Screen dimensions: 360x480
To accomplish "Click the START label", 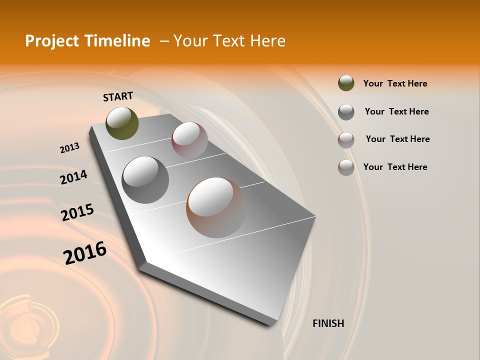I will coord(118,96).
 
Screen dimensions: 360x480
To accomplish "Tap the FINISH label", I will coord(328,323).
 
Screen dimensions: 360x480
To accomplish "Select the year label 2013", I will coord(69,148).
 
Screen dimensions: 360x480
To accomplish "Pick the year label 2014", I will coord(73,177).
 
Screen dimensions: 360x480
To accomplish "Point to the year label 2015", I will coord(77,212).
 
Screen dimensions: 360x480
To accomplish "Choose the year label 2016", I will coord(85,252).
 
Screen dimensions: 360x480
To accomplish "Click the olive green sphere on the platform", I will coord(122,123).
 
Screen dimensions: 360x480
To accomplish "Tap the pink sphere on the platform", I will coord(189,139).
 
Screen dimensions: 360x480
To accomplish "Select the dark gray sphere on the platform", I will coord(145,179).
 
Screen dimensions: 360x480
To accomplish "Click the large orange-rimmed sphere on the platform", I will coord(216,207).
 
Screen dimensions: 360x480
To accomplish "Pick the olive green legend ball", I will coord(346,83).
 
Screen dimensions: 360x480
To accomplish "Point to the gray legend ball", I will coord(346,111).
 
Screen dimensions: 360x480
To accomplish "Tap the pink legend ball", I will coord(346,139).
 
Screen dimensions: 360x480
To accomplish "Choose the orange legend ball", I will coord(346,167).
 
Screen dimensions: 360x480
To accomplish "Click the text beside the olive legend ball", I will coord(395,83).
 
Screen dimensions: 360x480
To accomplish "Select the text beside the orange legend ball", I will coord(395,167).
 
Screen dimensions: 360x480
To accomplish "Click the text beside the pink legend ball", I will coord(397,139).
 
